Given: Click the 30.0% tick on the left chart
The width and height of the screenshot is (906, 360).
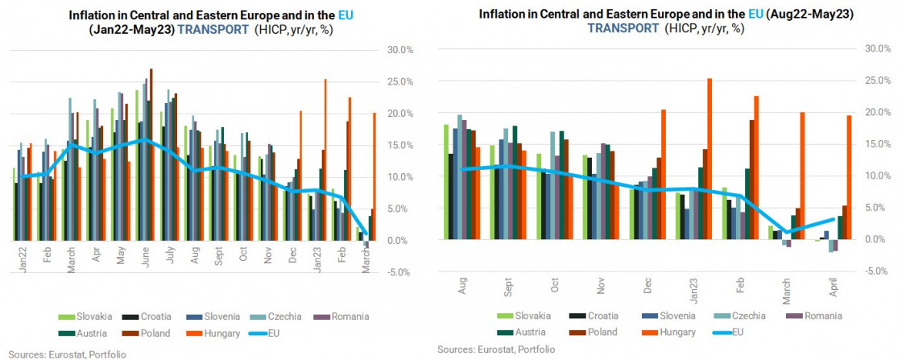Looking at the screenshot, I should coord(399,50).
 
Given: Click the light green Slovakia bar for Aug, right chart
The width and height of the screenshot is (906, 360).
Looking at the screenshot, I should coord(446,181).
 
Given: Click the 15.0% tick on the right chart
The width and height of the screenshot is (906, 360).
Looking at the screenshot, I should coord(876,144).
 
